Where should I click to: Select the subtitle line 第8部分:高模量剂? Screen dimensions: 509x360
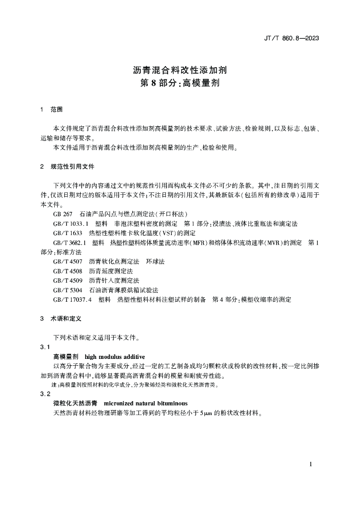coord(180,83)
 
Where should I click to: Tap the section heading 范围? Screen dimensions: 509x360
coord(56,109)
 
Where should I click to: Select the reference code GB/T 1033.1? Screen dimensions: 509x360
coord(70,224)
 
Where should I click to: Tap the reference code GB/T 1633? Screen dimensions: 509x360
coord(67,233)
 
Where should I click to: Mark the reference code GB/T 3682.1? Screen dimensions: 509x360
coord(70,243)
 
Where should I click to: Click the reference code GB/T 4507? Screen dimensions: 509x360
coord(67,261)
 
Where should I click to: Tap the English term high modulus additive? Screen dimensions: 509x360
coord(115,356)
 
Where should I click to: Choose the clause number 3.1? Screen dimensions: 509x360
coord(45,347)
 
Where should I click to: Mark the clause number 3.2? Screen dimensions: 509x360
coord(45,394)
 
